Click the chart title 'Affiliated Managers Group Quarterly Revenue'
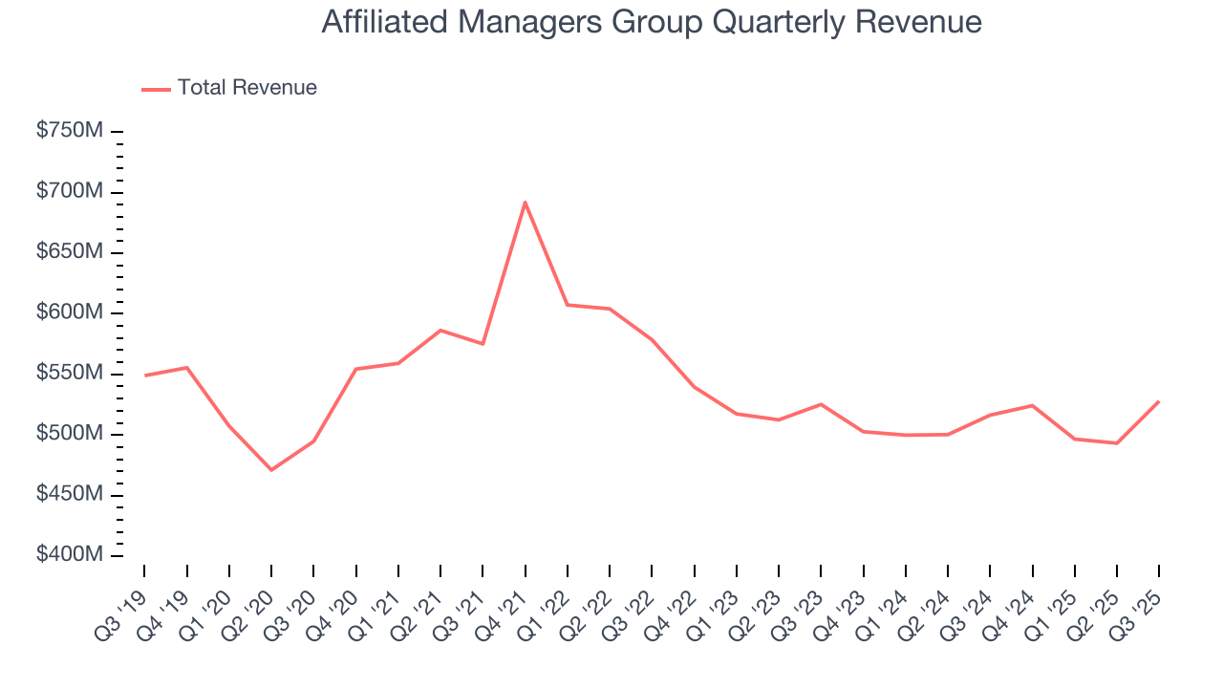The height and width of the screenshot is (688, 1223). [x=651, y=22]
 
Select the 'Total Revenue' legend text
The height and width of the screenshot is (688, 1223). [x=247, y=88]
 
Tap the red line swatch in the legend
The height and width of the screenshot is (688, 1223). [x=156, y=89]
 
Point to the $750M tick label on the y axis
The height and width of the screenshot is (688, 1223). [x=69, y=131]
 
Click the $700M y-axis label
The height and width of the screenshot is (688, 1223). [x=69, y=192]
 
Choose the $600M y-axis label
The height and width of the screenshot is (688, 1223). [x=69, y=313]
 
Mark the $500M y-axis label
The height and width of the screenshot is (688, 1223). [x=69, y=434]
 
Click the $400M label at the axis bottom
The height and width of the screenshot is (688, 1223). [x=69, y=555]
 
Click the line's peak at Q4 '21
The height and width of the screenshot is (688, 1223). [x=525, y=202]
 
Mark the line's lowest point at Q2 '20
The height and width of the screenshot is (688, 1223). [x=271, y=469]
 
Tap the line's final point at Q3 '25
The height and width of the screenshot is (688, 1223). [x=1159, y=401]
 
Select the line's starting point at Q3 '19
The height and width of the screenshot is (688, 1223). [x=144, y=376]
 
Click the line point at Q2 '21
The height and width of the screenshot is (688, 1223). [x=440, y=331]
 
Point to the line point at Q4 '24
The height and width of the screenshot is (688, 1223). [x=1032, y=405]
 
